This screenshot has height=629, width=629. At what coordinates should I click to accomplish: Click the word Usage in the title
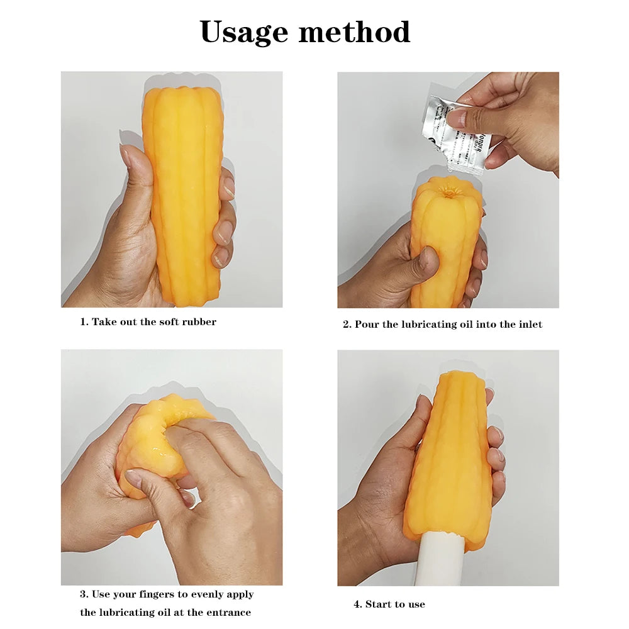(243, 32)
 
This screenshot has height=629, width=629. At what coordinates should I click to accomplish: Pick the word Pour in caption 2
(367, 325)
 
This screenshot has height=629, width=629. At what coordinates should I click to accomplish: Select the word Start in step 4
(379, 604)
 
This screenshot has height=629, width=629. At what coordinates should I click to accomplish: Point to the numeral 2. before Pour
(347, 325)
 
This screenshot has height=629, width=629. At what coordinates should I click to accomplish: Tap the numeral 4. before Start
(357, 604)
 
